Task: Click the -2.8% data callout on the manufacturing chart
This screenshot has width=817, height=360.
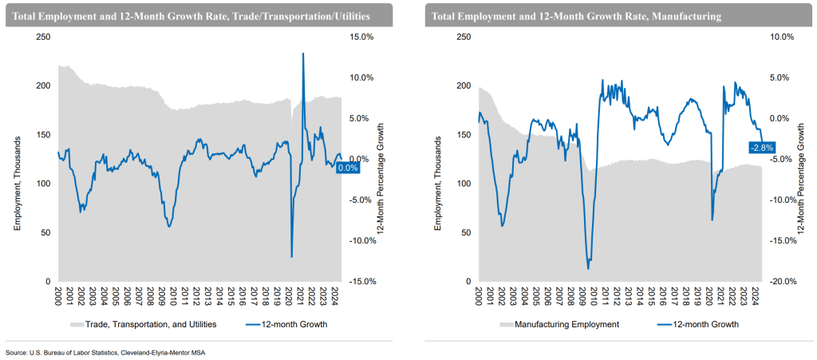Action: tap(760, 147)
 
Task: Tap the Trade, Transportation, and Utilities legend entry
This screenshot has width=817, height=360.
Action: tap(144, 324)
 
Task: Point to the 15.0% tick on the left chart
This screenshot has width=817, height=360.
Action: tap(361, 37)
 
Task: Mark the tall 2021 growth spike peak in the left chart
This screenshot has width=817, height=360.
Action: tap(303, 53)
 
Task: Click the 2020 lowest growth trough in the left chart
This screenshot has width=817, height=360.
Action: tap(291, 257)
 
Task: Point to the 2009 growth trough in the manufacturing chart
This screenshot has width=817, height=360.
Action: tap(588, 268)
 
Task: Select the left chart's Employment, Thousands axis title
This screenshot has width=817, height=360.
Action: tap(17, 184)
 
